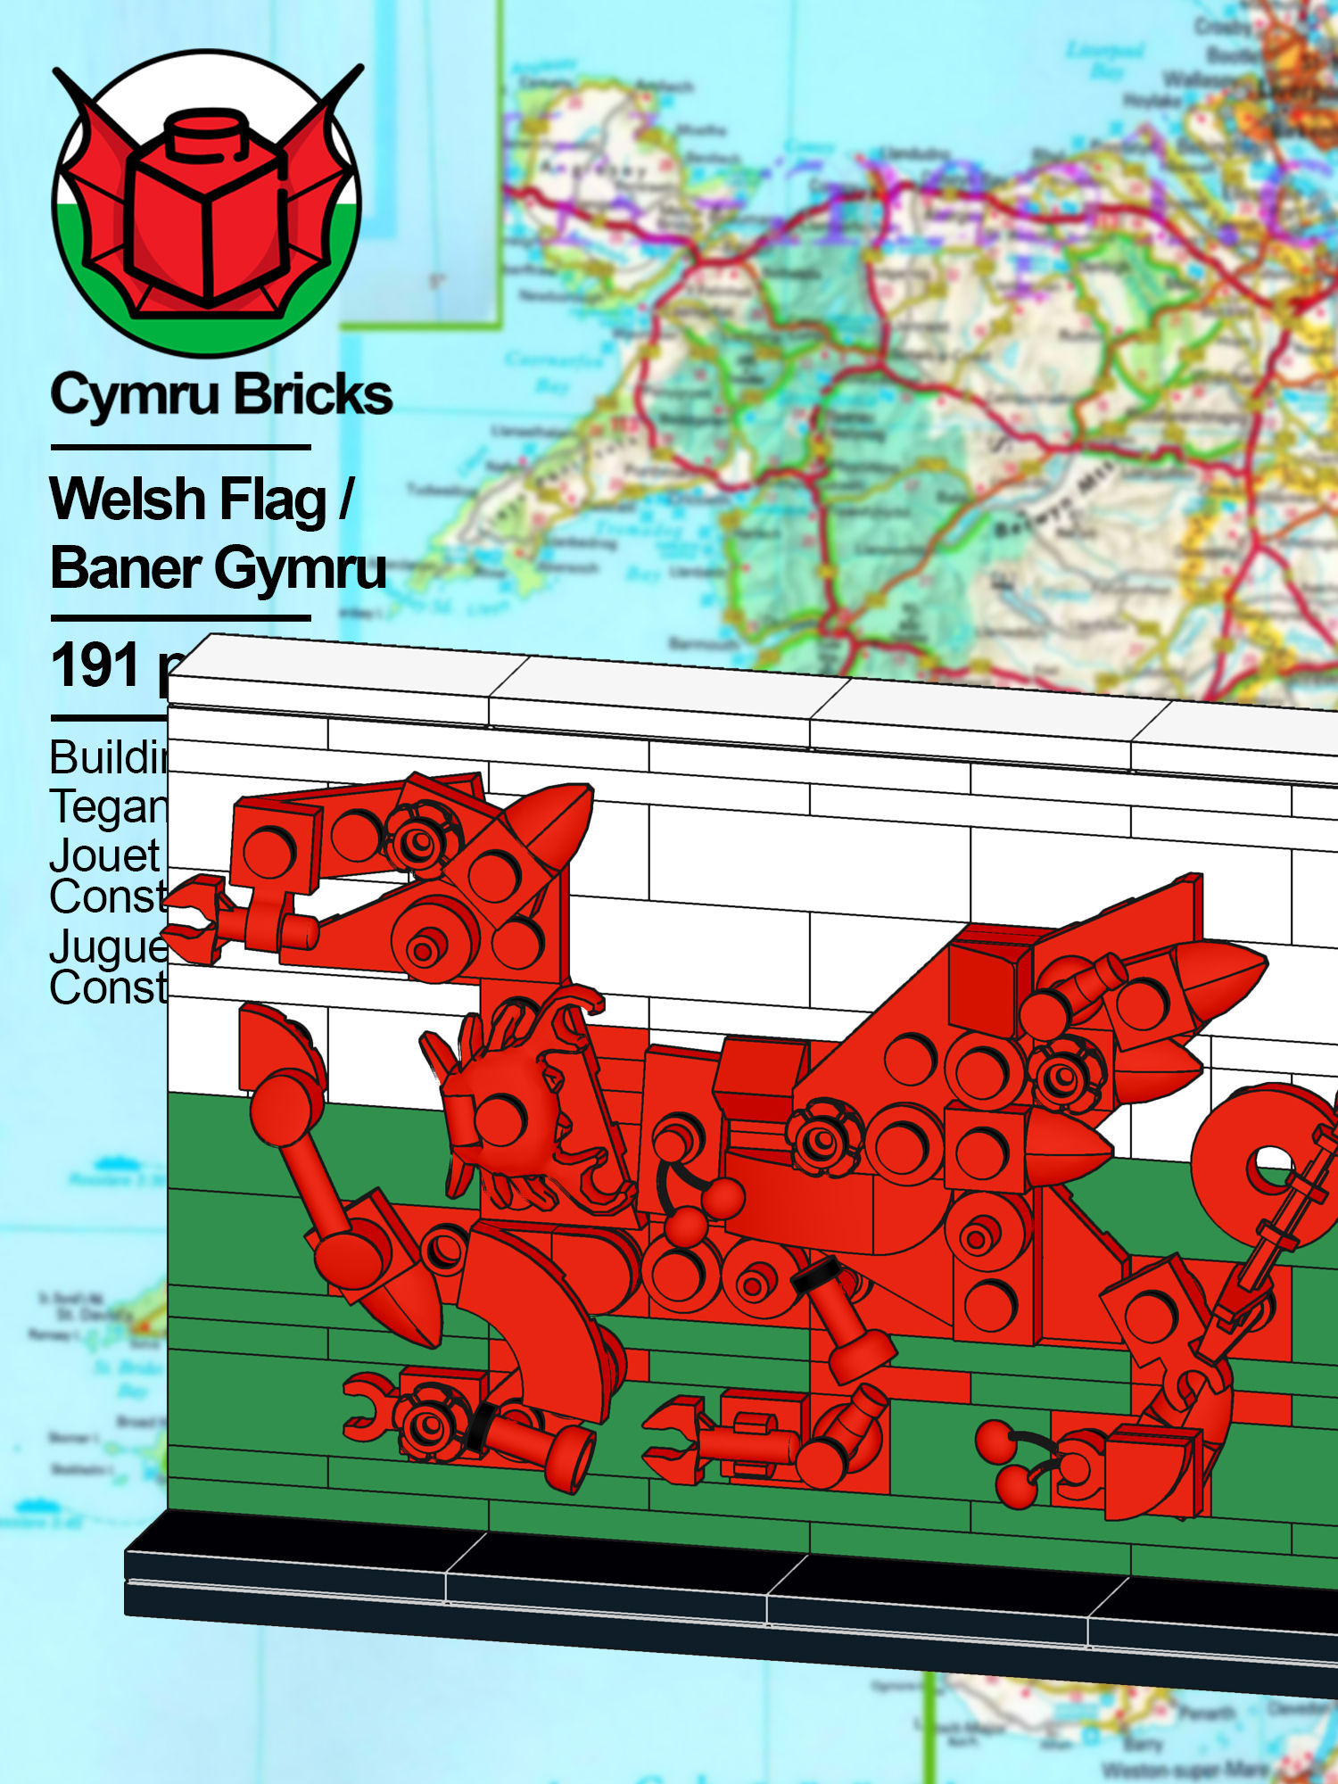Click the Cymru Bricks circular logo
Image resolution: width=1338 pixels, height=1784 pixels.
pyautogui.click(x=207, y=203)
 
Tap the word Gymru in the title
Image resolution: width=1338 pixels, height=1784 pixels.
pyautogui.click(x=300, y=569)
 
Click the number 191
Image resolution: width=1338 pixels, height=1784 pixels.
pyautogui.click(x=96, y=665)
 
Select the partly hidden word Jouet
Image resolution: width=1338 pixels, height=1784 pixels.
pyautogui.click(x=105, y=855)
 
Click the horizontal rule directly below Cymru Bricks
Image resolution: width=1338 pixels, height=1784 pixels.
pyautogui.click(x=180, y=447)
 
